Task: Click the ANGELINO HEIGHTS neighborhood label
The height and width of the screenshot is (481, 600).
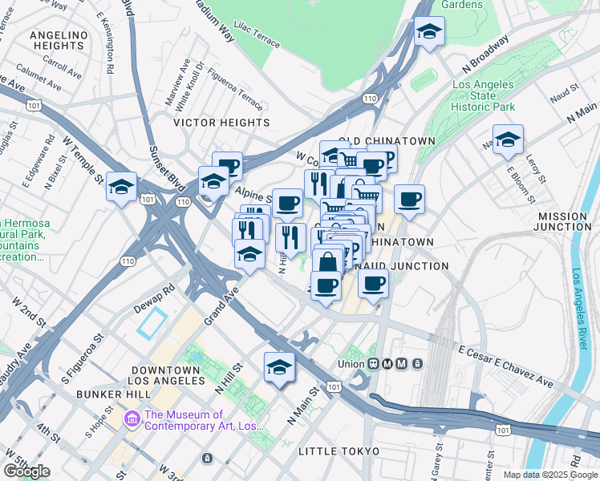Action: (58, 40)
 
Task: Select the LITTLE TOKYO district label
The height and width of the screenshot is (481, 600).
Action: (339, 451)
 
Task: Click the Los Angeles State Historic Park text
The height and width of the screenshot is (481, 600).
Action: (483, 95)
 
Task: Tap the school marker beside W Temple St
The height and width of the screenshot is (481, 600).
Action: (121, 187)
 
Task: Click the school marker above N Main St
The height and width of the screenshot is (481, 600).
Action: (279, 366)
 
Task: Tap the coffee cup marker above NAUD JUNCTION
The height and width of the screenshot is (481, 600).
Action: (408, 199)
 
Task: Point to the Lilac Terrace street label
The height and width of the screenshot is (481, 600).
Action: (255, 36)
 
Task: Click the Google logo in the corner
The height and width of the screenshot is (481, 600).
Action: (27, 471)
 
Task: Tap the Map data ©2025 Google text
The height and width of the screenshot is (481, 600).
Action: (549, 475)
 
